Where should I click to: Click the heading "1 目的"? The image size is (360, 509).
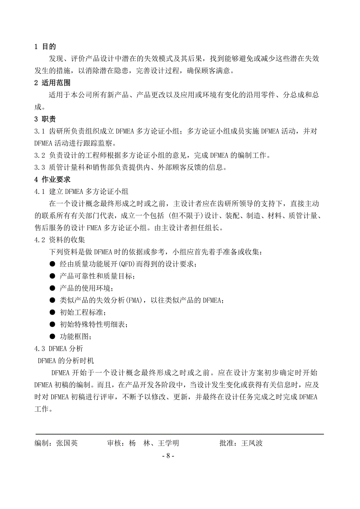coord(45,47)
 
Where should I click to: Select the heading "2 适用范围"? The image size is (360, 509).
coord(52,83)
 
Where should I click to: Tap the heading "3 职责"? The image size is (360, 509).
coord(45,119)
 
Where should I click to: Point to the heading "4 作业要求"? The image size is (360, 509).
coord(52,179)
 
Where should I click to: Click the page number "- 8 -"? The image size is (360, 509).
coord(167,456)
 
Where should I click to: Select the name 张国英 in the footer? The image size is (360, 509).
coord(67,443)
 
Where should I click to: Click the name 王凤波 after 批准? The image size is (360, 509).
coord(252,443)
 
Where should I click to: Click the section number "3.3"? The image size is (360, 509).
coord(40,167)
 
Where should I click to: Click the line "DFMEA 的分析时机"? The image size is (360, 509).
coord(66,360)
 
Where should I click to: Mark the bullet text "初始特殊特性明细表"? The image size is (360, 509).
coord(93,324)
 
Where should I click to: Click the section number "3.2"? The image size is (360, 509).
coord(40,155)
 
